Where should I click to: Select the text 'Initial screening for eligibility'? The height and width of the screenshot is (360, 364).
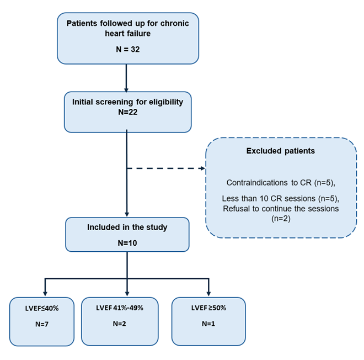(127, 102)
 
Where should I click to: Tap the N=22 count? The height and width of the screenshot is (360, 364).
(127, 112)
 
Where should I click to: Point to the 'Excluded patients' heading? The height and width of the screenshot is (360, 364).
(281, 150)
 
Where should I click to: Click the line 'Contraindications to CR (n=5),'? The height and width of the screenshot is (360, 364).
(281, 182)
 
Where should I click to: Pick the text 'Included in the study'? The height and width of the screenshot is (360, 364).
(127, 227)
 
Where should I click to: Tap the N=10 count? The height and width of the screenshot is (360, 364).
(127, 242)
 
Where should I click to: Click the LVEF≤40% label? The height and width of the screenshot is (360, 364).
(41, 308)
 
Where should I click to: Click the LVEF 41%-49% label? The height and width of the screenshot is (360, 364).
(119, 308)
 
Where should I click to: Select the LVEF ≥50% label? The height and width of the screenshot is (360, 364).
(208, 308)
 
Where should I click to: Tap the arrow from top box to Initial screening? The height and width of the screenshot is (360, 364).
(127, 77)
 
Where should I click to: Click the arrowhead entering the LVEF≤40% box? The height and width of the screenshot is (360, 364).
(45, 293)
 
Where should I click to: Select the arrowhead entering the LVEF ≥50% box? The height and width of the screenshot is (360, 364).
(208, 293)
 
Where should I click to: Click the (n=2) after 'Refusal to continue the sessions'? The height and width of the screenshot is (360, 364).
(281, 218)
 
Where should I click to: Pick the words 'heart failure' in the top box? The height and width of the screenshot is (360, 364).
(127, 33)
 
